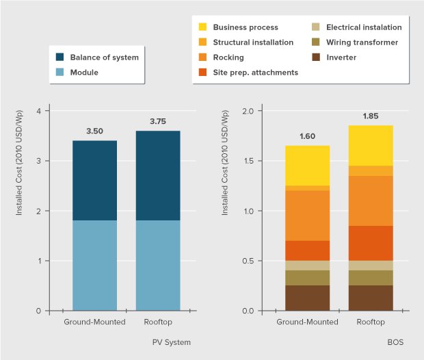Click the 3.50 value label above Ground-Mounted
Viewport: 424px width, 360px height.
click(94, 131)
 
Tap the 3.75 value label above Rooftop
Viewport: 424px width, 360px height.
click(158, 122)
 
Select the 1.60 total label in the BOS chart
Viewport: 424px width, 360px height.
click(307, 136)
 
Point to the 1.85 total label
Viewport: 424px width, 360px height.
click(371, 116)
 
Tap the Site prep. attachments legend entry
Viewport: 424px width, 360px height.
click(255, 72)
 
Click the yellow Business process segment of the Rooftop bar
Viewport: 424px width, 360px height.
click(371, 145)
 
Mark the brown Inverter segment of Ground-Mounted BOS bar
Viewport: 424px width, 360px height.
click(307, 298)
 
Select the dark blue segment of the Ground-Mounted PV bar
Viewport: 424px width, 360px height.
click(94, 180)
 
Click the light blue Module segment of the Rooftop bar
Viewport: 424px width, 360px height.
click(158, 265)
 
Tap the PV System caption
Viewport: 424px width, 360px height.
click(171, 341)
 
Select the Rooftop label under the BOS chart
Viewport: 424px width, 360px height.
click(371, 322)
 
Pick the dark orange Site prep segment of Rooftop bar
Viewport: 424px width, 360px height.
click(371, 243)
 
